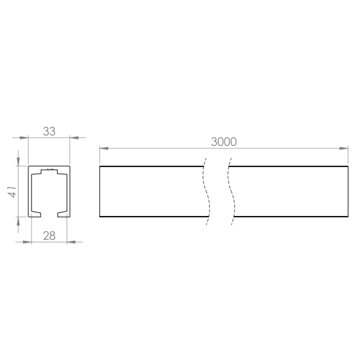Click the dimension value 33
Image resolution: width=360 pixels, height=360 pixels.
tap(49, 131)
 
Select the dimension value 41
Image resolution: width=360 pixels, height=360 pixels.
tap(12, 191)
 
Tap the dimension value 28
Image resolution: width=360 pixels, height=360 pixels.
tap(50, 236)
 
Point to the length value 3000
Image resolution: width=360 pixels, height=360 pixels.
tap(224, 142)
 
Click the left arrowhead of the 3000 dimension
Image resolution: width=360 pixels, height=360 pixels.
tap(104, 148)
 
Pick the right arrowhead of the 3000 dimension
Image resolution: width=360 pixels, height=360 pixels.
tap(344, 148)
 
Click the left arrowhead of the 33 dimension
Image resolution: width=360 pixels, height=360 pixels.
tap(24, 138)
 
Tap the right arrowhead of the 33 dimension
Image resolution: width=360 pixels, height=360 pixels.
tap(74, 138)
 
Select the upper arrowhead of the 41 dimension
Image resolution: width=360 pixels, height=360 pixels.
tap(18, 162)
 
